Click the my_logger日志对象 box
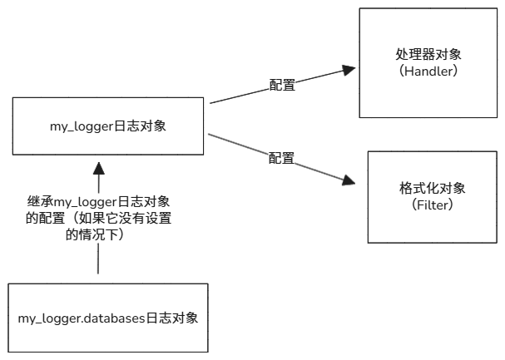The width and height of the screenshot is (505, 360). coord(109,126)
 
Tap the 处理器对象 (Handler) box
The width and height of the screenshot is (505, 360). coord(428,63)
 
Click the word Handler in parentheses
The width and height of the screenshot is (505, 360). coord(428,72)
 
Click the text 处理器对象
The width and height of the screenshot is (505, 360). coord(428,55)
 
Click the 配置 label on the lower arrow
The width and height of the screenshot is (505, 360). coord(282,157)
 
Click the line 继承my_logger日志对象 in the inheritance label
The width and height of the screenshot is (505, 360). coord(99,202)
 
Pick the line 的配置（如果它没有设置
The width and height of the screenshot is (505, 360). coord(99,218)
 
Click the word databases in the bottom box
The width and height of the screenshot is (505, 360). coord(111,318)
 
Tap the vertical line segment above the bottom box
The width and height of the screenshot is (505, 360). coord(98,262)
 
